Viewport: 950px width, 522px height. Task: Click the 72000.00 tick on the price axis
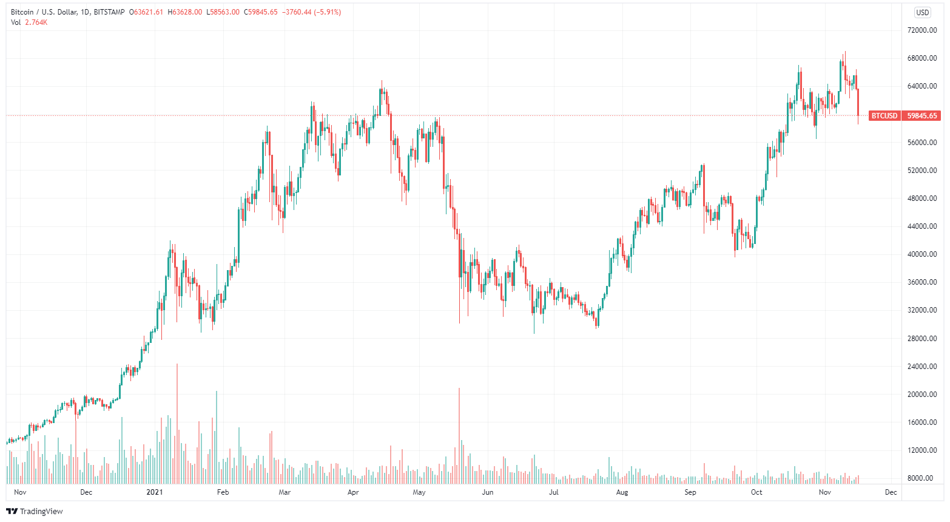[921, 30]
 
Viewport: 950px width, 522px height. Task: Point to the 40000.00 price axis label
[921, 254]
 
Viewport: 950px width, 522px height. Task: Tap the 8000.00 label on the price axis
[923, 478]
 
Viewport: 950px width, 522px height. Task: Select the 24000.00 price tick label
[921, 367]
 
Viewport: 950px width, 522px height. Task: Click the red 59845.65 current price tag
[921, 115]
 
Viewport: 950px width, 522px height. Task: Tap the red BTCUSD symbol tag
[884, 115]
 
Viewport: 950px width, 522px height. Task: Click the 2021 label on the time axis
[155, 492]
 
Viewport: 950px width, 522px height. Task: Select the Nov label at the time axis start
[20, 492]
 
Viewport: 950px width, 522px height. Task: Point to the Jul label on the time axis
[553, 492]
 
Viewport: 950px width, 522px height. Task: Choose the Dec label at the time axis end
[891, 492]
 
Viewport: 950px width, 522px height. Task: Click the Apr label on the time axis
[353, 492]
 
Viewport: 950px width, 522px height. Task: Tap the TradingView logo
[35, 511]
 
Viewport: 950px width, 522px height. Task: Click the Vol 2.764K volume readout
[29, 22]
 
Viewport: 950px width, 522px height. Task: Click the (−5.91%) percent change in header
[327, 12]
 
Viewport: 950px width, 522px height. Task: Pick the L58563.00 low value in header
[223, 12]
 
